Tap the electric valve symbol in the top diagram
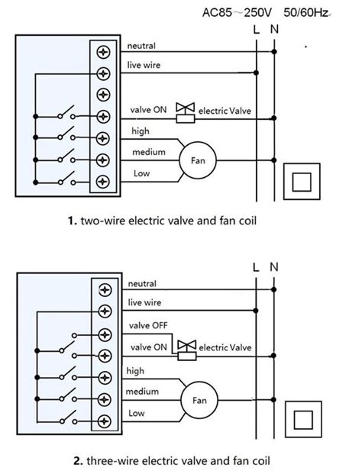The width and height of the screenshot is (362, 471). click(x=185, y=113)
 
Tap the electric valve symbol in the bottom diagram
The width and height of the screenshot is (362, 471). click(x=187, y=350)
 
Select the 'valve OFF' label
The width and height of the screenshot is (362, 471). click(x=148, y=325)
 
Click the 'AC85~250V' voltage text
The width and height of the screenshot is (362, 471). click(x=237, y=13)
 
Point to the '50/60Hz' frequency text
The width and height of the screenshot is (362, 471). click(x=306, y=13)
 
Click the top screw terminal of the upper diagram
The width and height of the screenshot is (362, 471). click(x=103, y=52)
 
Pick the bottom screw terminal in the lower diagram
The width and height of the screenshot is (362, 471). click(x=105, y=421)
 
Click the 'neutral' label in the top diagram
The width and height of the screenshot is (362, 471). click(x=141, y=46)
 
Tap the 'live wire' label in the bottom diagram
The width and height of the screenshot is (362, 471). click(x=144, y=302)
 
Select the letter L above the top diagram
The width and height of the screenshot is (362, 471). click(x=257, y=30)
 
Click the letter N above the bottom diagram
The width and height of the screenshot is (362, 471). click(x=274, y=266)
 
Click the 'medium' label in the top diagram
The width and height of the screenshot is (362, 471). click(x=149, y=152)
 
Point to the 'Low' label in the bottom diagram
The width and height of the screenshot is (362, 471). click(x=137, y=413)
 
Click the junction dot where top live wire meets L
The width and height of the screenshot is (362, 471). click(x=256, y=73)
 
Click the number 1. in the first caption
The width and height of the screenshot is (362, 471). click(x=73, y=221)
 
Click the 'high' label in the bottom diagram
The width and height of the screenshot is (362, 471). click(x=135, y=371)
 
